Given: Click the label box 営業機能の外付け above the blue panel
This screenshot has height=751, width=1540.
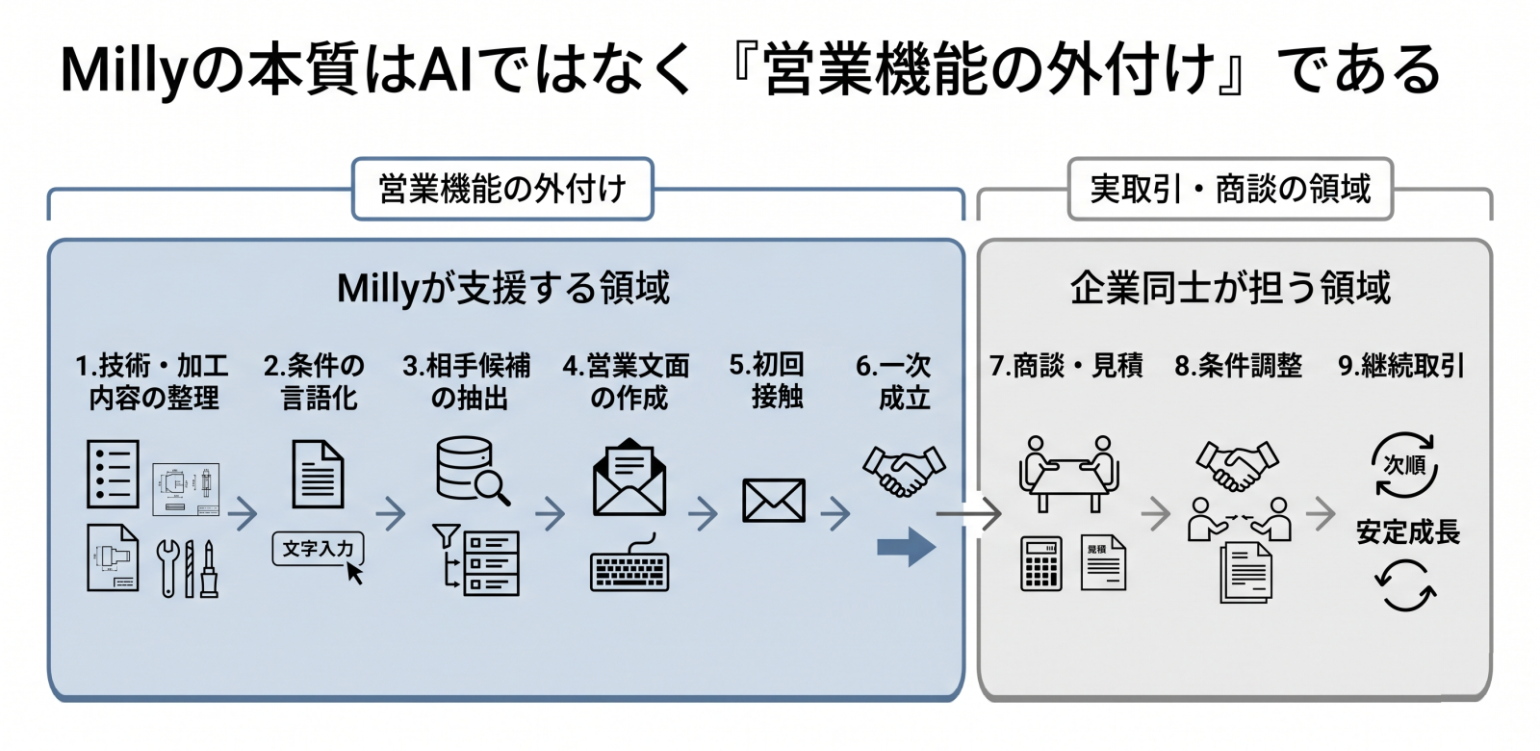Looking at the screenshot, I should pyautogui.click(x=502, y=189).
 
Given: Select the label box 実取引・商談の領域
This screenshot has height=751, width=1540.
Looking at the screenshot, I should pyautogui.click(x=1230, y=189).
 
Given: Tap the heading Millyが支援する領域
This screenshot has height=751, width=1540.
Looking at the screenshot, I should pyautogui.click(x=503, y=288).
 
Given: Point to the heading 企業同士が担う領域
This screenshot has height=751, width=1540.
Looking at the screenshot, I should pyautogui.click(x=1231, y=288).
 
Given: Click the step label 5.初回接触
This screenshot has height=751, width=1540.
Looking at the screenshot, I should pyautogui.click(x=768, y=380).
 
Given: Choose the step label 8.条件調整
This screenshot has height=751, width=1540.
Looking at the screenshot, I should pyautogui.click(x=1238, y=366).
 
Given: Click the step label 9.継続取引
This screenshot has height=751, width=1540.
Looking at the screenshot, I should pyautogui.click(x=1401, y=366).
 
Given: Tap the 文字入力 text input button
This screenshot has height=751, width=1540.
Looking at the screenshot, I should pyautogui.click(x=318, y=549).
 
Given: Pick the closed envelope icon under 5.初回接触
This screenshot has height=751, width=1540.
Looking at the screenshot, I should pyautogui.click(x=774, y=501).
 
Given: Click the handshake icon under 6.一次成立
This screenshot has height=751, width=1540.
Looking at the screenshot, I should pyautogui.click(x=904, y=470).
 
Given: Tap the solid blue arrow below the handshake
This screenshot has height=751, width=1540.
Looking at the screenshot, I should pyautogui.click(x=906, y=547).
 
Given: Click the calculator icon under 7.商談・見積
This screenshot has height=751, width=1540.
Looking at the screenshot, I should pyautogui.click(x=1041, y=563).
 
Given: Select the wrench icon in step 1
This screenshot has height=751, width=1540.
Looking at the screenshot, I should pyautogui.click(x=168, y=568).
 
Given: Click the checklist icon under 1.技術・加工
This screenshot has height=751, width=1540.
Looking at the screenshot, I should pyautogui.click(x=113, y=474).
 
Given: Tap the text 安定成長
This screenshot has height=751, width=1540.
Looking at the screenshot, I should pyautogui.click(x=1408, y=532).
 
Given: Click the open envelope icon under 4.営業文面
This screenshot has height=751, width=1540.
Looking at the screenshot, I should pyautogui.click(x=629, y=478).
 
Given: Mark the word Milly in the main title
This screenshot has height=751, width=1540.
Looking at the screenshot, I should pyautogui.click(x=120, y=69).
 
